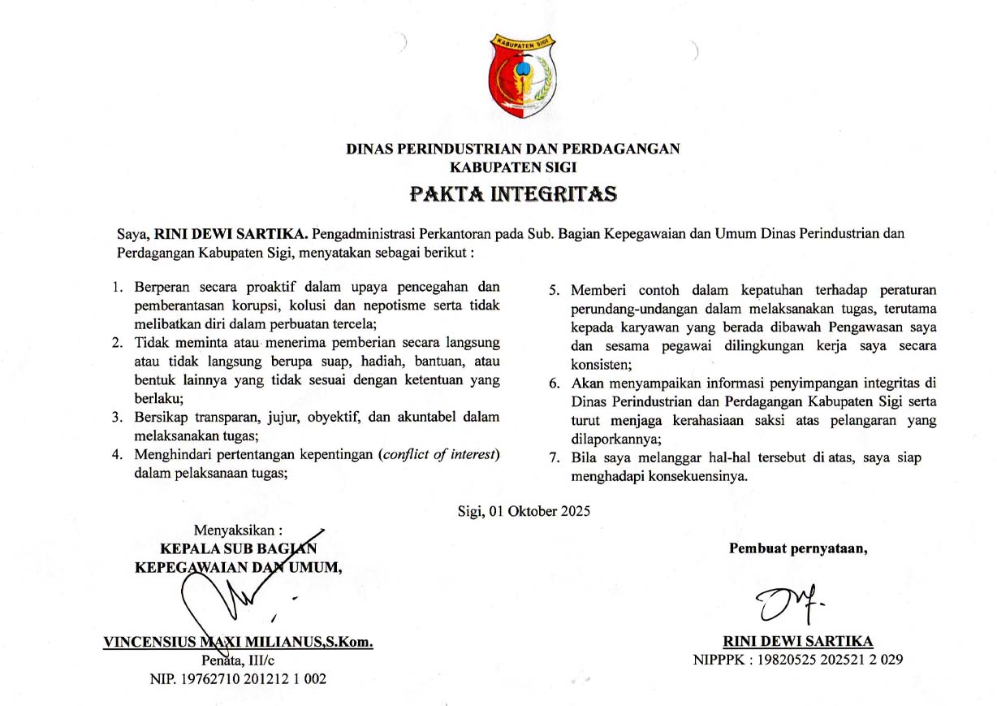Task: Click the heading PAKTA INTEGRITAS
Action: tap(512, 194)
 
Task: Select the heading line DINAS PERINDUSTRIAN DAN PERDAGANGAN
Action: tap(512, 149)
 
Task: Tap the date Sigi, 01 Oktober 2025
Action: tap(524, 511)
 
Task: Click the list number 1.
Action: tap(118, 288)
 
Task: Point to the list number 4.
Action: tap(118, 454)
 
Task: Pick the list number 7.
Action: tap(555, 458)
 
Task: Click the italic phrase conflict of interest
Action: tap(438, 454)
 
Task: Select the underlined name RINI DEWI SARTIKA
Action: tap(798, 642)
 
